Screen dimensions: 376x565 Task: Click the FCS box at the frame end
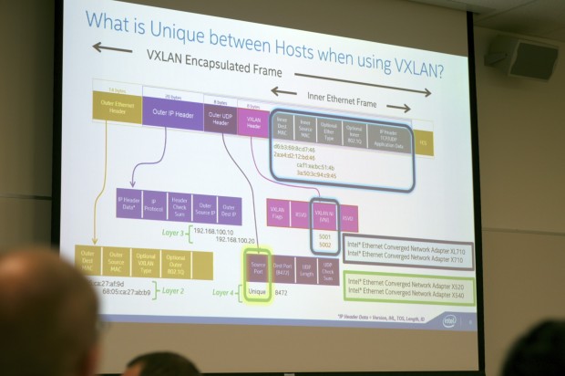point(423,143)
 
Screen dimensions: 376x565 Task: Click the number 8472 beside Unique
point(282,294)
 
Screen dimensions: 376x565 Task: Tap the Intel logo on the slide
point(449,320)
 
